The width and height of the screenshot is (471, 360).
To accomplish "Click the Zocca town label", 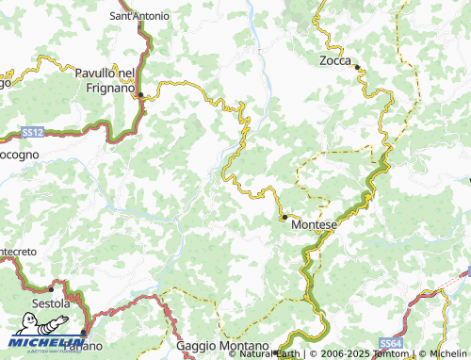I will (333, 59).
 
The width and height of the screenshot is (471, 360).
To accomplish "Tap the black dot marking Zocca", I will (357, 66).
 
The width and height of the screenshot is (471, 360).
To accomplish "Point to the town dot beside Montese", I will (284, 217).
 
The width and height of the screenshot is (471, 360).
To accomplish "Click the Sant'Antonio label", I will (139, 16).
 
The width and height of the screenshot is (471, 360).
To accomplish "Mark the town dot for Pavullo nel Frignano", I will (141, 94).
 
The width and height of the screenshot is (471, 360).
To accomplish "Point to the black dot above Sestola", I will (50, 289).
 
